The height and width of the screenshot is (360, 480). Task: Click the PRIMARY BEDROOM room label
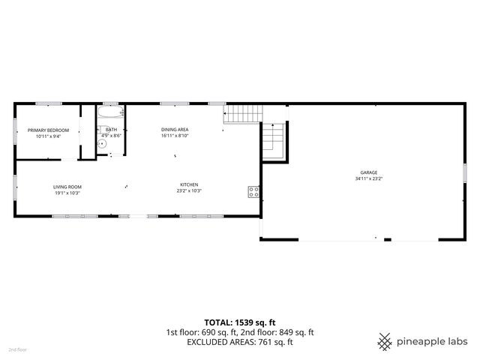[48, 130]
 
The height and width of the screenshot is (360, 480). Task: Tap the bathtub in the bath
[110, 114]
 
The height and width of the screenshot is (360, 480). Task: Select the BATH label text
[112, 130]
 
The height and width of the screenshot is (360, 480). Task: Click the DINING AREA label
[174, 130]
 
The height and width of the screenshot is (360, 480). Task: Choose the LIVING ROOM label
[67, 186]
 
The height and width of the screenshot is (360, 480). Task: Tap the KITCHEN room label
[189, 186]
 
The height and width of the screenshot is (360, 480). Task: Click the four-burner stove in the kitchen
[253, 191]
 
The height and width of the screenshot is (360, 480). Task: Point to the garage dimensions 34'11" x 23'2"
[367, 178]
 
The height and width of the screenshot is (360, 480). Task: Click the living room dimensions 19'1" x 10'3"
[67, 193]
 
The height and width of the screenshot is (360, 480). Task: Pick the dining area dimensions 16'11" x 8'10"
[174, 136]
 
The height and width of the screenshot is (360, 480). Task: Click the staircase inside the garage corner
[273, 140]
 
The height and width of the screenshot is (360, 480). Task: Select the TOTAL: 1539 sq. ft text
[240, 321]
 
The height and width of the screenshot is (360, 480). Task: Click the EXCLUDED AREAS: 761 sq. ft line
[240, 342]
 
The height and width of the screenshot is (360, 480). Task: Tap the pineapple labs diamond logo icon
[385, 341]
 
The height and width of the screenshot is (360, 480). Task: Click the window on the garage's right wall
[465, 172]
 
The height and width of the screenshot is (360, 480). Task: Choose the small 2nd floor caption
[17, 349]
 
